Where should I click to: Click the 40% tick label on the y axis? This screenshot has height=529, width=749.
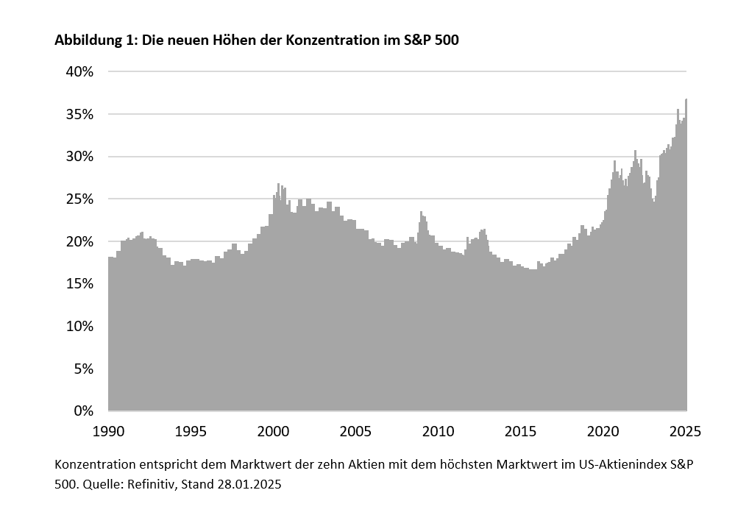point(79,72)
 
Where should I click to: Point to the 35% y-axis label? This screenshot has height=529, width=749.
point(79,114)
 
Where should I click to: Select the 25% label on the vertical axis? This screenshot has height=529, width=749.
point(79,199)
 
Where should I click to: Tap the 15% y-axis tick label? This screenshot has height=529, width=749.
point(79,284)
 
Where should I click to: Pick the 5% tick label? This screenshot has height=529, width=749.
point(82,369)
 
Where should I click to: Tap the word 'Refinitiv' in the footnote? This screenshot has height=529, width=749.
point(146,485)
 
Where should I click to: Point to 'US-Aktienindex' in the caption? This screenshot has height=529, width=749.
point(632,465)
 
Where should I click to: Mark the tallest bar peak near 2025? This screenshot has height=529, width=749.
point(686,100)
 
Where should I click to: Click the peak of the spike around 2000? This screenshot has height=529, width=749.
point(278,185)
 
